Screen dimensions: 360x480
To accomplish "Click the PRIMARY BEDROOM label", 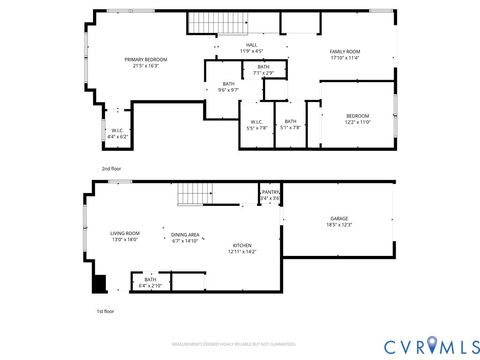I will [x=146, y=63].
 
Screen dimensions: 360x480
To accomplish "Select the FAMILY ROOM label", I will [x=345, y=54].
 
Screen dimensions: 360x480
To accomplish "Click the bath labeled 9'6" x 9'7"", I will [x=229, y=87].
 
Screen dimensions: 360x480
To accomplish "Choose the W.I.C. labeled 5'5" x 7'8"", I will [x=257, y=125].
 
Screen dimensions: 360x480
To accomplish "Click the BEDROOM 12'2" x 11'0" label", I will [x=357, y=119].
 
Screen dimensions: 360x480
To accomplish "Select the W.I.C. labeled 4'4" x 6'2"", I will [x=117, y=133].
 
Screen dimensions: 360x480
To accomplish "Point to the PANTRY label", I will [x=270, y=195].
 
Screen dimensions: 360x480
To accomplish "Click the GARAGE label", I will [x=339, y=221].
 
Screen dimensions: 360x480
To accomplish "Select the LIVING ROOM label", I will [x=125, y=236].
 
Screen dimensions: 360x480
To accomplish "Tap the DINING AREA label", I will [x=186, y=237].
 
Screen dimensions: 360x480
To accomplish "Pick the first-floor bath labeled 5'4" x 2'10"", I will [x=150, y=283].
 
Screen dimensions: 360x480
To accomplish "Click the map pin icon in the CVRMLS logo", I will [x=432, y=346].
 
